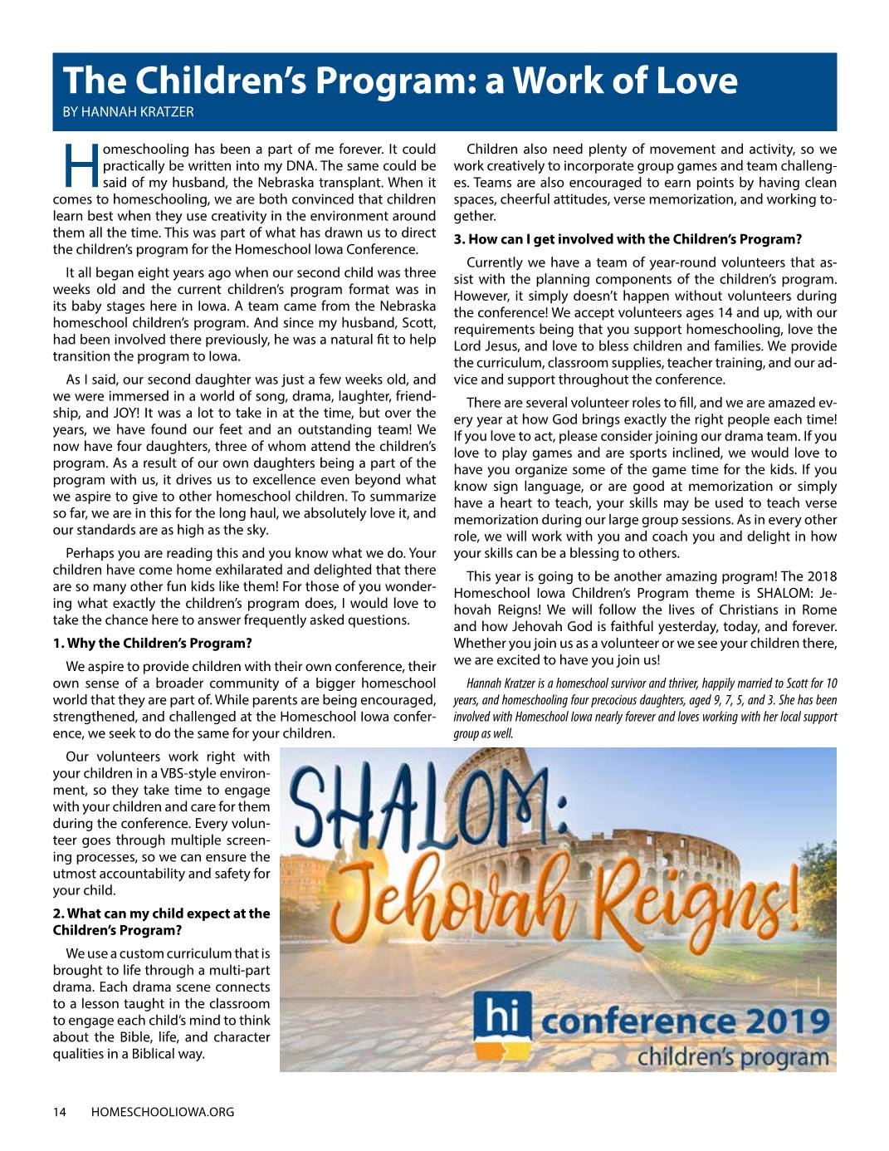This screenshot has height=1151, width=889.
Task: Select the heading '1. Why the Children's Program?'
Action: (x=152, y=643)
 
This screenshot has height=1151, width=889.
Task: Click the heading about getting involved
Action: (x=628, y=240)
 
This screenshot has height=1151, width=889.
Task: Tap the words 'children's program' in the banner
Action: (x=733, y=1057)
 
